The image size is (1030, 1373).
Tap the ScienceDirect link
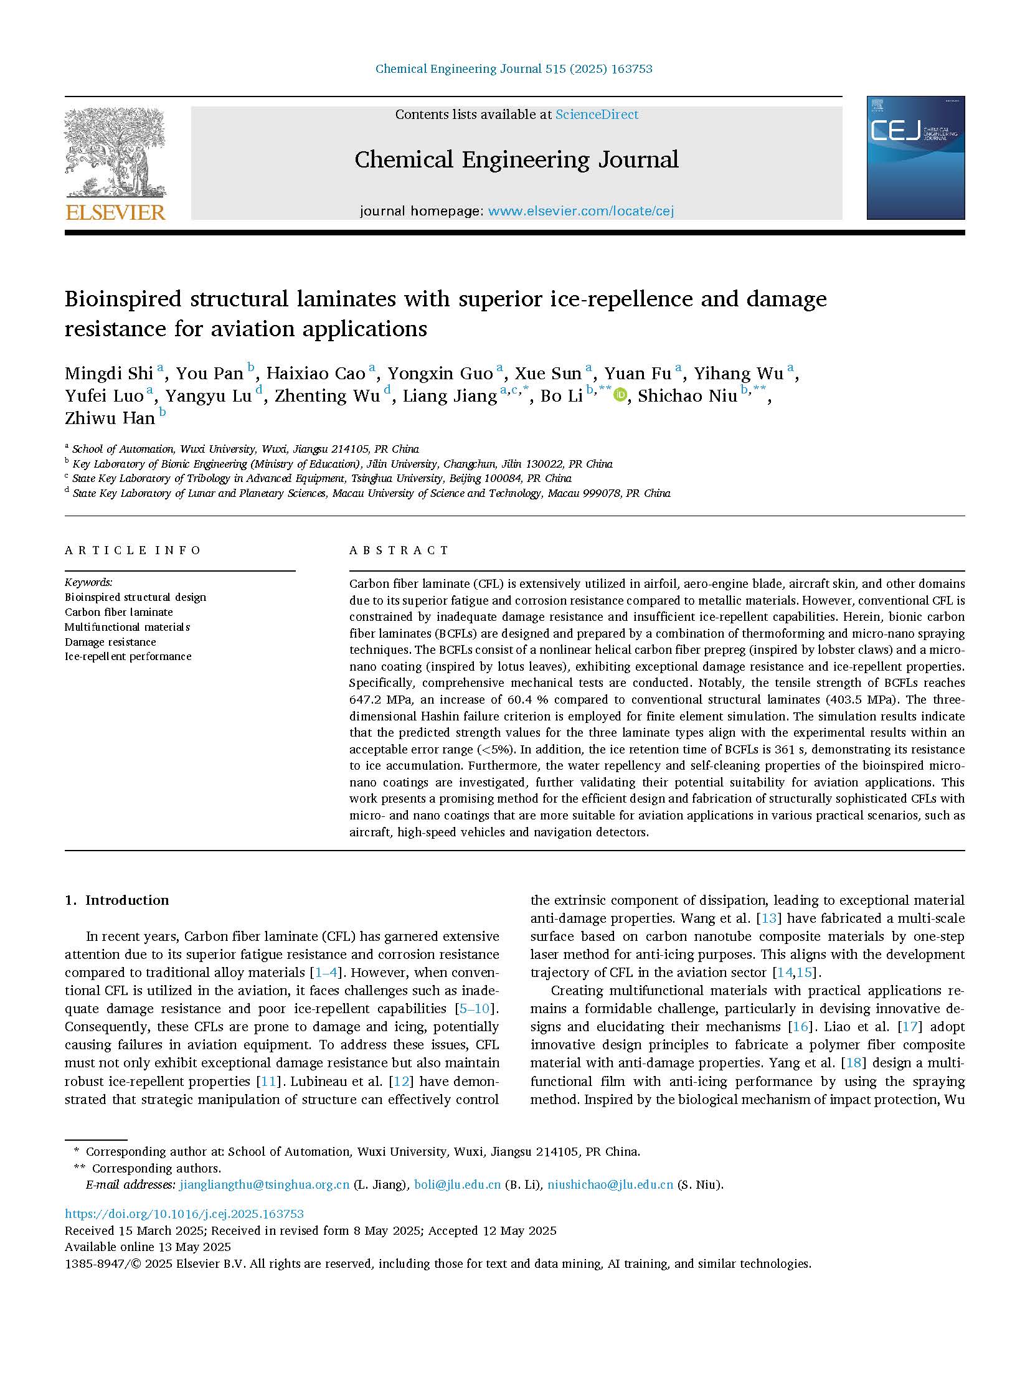tap(597, 115)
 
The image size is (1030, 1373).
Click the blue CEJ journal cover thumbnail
tap(915, 158)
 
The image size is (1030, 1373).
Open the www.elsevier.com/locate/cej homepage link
tap(580, 211)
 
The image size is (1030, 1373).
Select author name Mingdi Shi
tap(109, 374)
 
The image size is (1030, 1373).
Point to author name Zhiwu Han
tap(110, 418)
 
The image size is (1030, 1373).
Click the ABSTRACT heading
tap(399, 550)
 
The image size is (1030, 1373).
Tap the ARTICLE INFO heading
tap(133, 550)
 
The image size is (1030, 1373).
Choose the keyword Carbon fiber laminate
tap(119, 612)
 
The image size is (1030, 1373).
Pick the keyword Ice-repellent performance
tap(128, 656)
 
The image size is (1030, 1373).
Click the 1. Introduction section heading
tap(117, 900)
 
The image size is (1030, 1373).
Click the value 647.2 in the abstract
tap(367, 699)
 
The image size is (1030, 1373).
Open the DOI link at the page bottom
tap(184, 1214)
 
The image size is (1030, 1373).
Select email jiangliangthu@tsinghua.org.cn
tap(264, 1184)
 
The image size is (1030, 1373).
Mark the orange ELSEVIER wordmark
tap(115, 213)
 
